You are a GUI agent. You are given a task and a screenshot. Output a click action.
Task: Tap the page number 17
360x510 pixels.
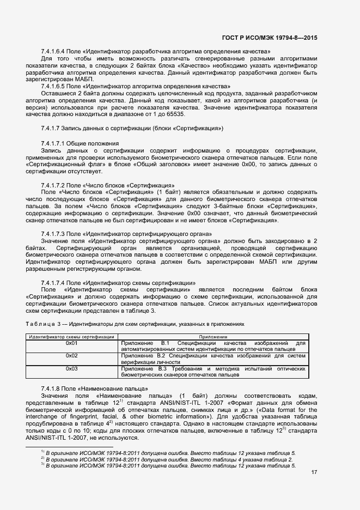click(x=313, y=472)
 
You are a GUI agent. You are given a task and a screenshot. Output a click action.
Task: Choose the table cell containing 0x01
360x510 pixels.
click(x=71, y=343)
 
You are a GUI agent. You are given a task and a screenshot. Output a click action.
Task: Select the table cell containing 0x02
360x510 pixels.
click(x=71, y=355)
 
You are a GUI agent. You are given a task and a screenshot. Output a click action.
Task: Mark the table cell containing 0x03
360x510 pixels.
click(x=71, y=369)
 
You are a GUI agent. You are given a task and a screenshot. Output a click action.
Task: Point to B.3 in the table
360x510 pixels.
click(x=162, y=369)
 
